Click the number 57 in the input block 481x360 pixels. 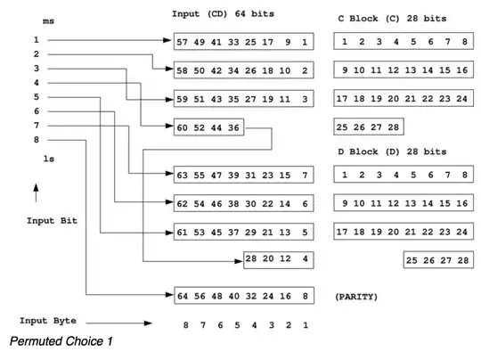pos(184,42)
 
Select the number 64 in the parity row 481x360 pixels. pos(184,294)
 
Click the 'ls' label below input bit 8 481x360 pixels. pos(50,158)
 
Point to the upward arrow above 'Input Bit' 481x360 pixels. pos(37,192)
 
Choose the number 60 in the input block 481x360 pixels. pos(184,127)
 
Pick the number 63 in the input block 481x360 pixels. pos(184,175)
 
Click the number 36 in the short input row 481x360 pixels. pos(233,127)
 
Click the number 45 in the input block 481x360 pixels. pos(218,233)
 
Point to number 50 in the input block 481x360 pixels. pos(201,70)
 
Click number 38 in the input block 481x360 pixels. pos(235,204)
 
